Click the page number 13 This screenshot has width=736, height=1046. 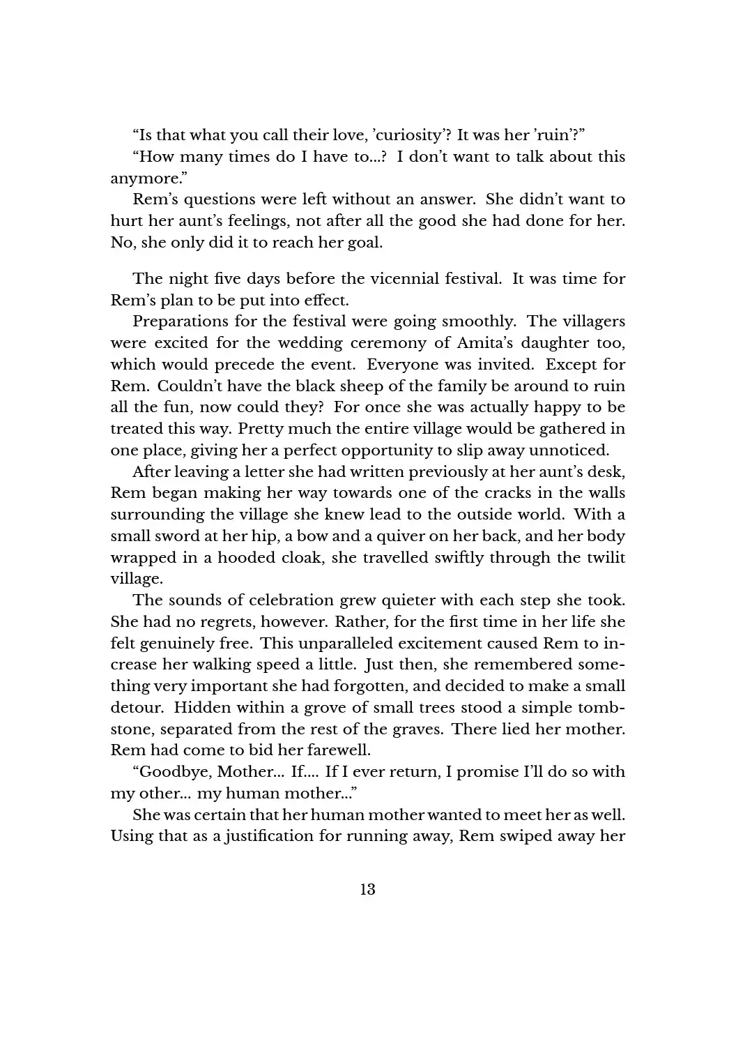tap(367, 889)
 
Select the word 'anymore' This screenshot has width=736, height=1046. tap(144, 179)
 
